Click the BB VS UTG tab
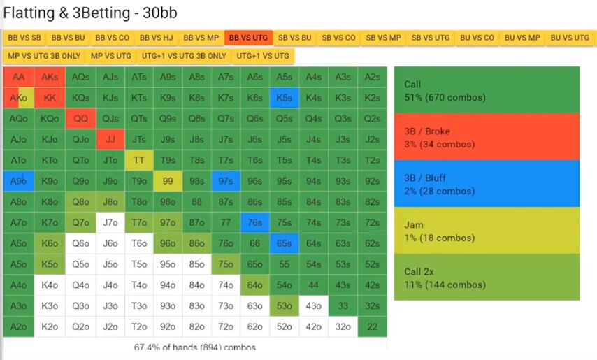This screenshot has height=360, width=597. tap(248, 38)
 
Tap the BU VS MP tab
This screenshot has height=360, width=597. tap(522, 38)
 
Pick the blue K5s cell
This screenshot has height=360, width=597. tap(284, 98)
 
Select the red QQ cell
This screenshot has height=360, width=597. tap(81, 119)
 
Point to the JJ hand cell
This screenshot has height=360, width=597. tap(110, 139)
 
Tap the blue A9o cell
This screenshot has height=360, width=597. tap(19, 181)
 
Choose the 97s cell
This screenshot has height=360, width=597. tap(226, 181)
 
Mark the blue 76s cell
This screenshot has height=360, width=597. tap(255, 223)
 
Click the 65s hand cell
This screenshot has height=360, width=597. tap(284, 244)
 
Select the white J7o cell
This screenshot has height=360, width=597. tap(110, 223)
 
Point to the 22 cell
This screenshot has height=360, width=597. tap(372, 326)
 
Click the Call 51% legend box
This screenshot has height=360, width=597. tap(487, 90)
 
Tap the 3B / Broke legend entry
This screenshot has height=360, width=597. tap(487, 137)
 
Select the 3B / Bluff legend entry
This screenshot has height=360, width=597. tap(487, 184)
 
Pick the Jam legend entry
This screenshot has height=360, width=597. tap(487, 231)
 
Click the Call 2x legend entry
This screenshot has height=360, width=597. tap(487, 278)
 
